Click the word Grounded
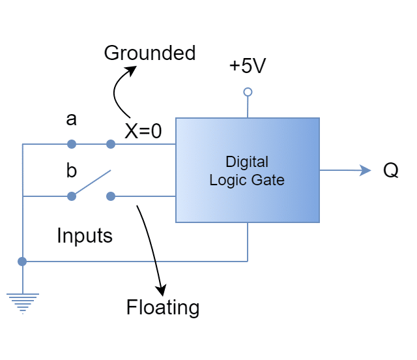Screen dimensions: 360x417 tap(150, 53)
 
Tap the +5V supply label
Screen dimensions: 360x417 tap(248, 67)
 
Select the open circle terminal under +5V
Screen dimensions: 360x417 tap(248, 92)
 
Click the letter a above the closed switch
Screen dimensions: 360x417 tap(72, 119)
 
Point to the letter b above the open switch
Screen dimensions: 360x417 tap(72, 171)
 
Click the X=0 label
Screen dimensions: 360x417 tap(143, 132)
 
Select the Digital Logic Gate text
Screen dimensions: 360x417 tap(247, 170)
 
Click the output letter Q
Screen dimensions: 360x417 tap(390, 171)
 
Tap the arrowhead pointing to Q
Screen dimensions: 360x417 tap(366, 171)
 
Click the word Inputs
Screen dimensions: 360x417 tap(85, 235)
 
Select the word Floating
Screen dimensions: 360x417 tap(162, 307)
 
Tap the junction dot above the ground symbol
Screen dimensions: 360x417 tap(23, 262)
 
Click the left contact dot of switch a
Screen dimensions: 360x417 tap(72, 144)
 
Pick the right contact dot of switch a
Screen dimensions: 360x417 tap(111, 144)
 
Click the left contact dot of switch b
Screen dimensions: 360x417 tap(72, 196)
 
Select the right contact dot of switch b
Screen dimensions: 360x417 tap(111, 196)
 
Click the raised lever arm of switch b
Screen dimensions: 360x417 tap(92, 183)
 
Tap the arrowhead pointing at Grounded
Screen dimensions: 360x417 tap(132, 69)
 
